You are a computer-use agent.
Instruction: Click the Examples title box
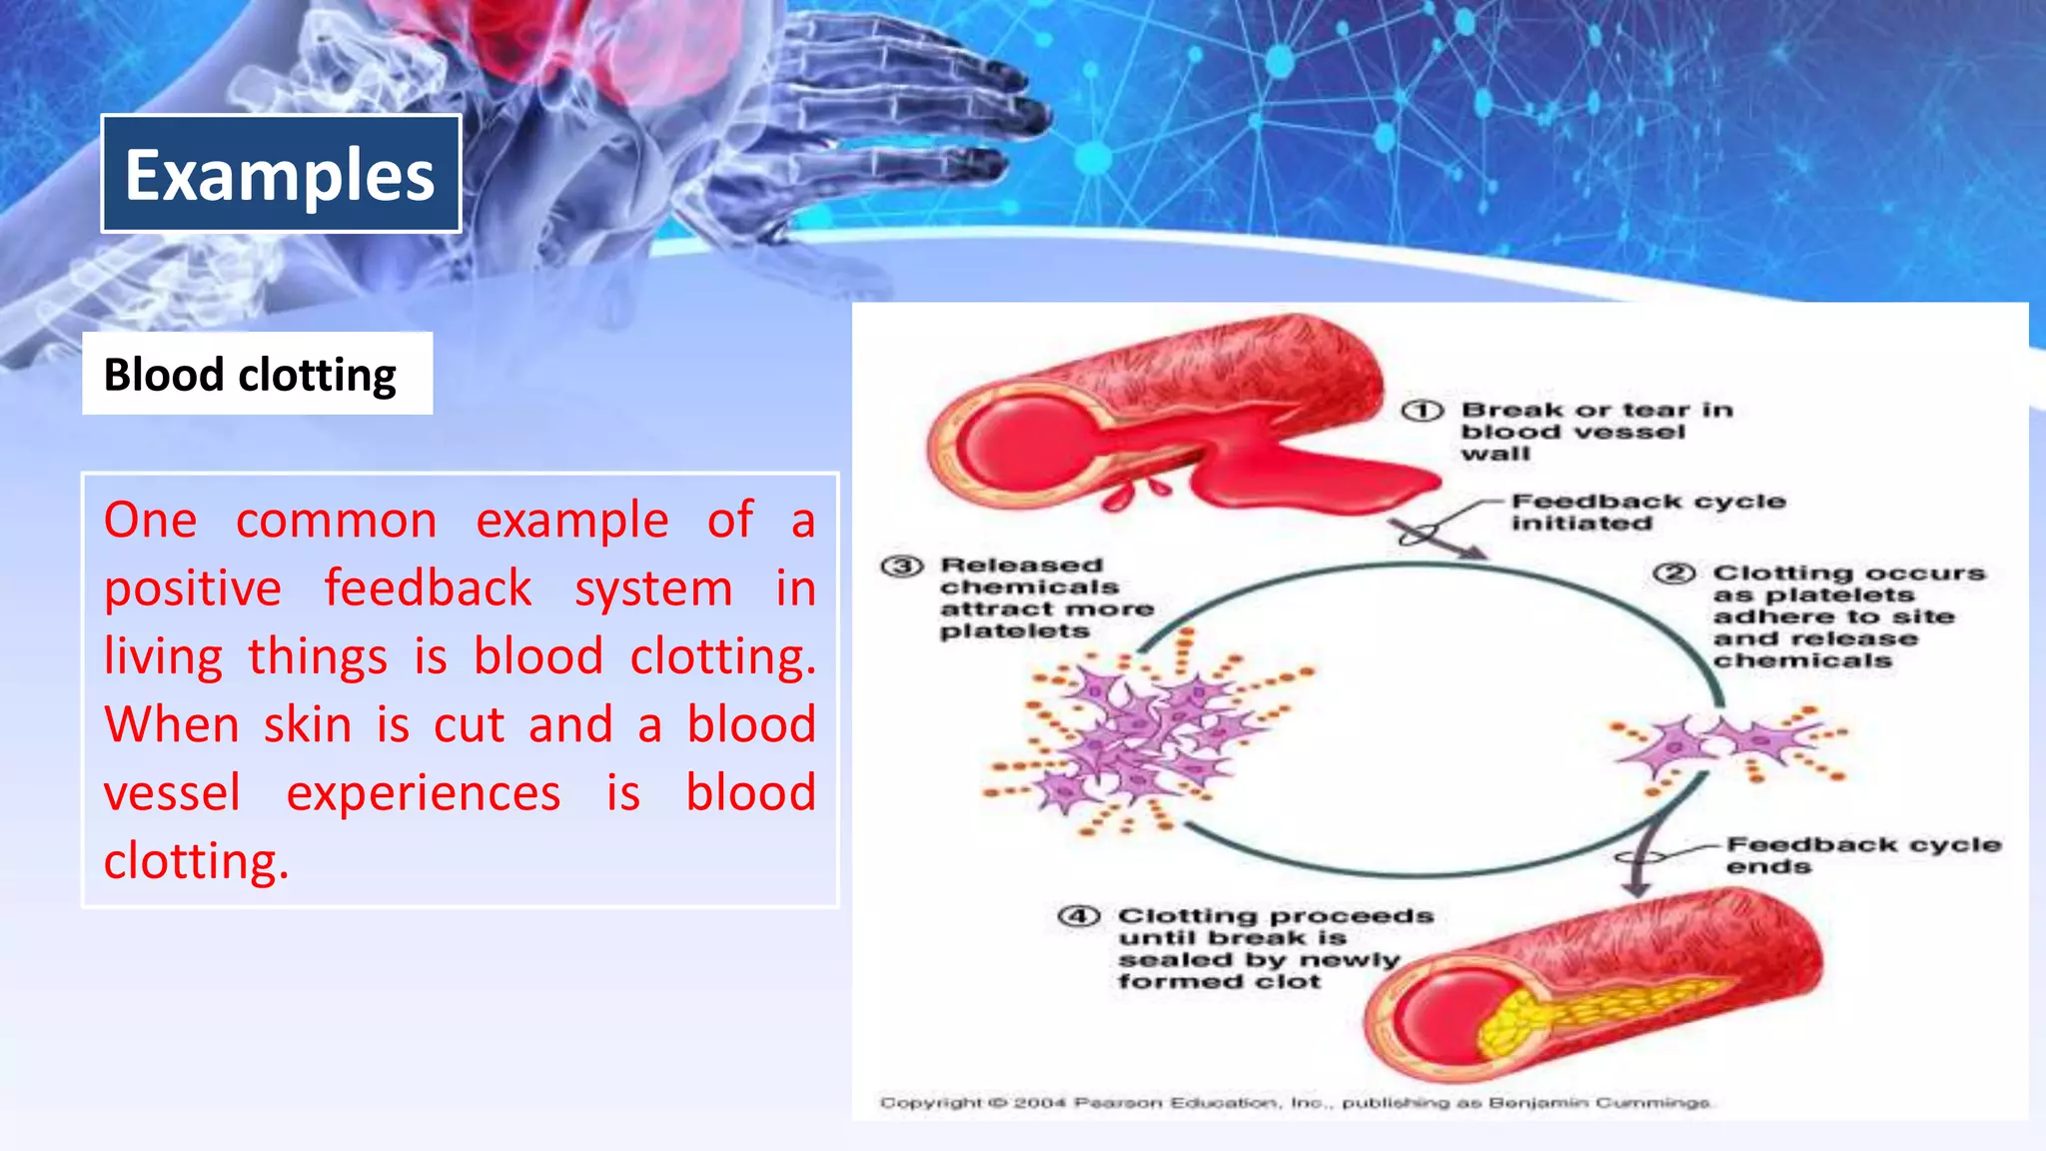281,174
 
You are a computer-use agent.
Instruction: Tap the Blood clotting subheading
251,375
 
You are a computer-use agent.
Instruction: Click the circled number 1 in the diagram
1421,411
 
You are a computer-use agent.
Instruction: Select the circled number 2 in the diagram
1674,574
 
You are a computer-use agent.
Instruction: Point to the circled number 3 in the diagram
901,567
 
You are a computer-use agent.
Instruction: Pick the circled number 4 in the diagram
1079,916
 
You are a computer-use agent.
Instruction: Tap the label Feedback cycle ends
1862,855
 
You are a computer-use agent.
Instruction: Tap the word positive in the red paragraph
193,588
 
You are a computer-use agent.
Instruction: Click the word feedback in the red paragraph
428,588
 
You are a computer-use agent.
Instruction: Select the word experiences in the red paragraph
424,793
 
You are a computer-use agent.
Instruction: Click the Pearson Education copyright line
1295,1103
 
